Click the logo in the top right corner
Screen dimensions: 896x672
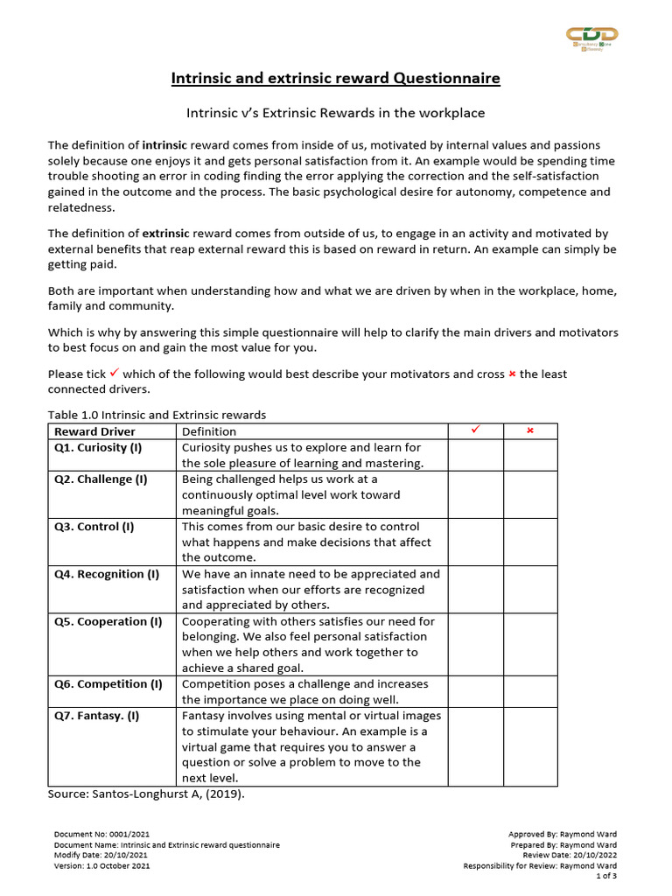593,38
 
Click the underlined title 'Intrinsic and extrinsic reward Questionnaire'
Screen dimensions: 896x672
335,79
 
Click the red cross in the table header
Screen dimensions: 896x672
529,431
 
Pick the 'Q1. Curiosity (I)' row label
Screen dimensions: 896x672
98,447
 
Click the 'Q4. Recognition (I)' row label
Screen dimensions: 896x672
107,574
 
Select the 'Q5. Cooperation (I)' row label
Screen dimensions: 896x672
108,621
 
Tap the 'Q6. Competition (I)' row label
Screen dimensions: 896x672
108,684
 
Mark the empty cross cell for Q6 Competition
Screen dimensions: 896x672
529,691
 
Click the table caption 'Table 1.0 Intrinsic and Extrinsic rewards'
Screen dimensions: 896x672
157,415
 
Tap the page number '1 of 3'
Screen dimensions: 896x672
605,876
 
